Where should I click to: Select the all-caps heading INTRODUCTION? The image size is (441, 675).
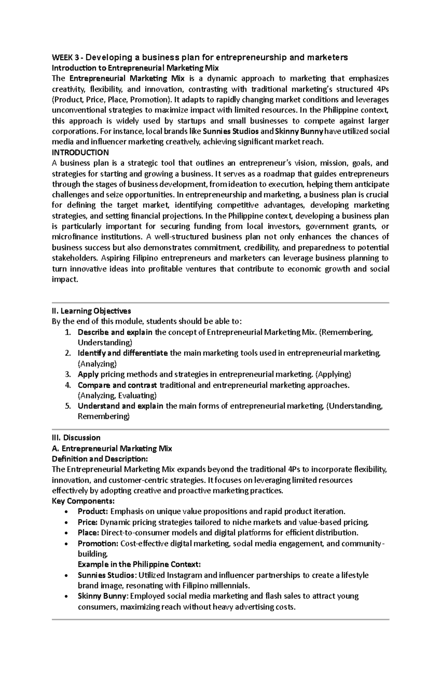pos(80,152)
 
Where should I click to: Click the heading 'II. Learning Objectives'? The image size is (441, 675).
pos(91,311)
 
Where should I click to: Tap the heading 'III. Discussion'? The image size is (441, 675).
pos(76,438)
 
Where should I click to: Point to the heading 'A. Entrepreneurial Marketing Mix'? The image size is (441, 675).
pos(112,448)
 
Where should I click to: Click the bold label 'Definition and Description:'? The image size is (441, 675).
pos(100,459)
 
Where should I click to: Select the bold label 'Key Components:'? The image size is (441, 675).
pos(83,501)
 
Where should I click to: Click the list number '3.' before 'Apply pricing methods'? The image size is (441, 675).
pos(68,374)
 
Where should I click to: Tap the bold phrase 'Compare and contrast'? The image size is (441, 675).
pos(117,385)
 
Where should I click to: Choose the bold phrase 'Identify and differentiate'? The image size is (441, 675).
pos(123,353)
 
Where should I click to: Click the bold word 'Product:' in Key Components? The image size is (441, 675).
pos(93,511)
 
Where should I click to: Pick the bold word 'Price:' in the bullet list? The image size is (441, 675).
pos(88,522)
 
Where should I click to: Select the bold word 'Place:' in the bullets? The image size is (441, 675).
pos(88,533)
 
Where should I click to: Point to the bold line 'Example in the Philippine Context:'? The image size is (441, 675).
pos(139,564)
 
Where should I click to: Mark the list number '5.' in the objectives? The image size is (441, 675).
pos(68,406)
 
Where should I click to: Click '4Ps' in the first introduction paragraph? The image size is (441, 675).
pos(383,89)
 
